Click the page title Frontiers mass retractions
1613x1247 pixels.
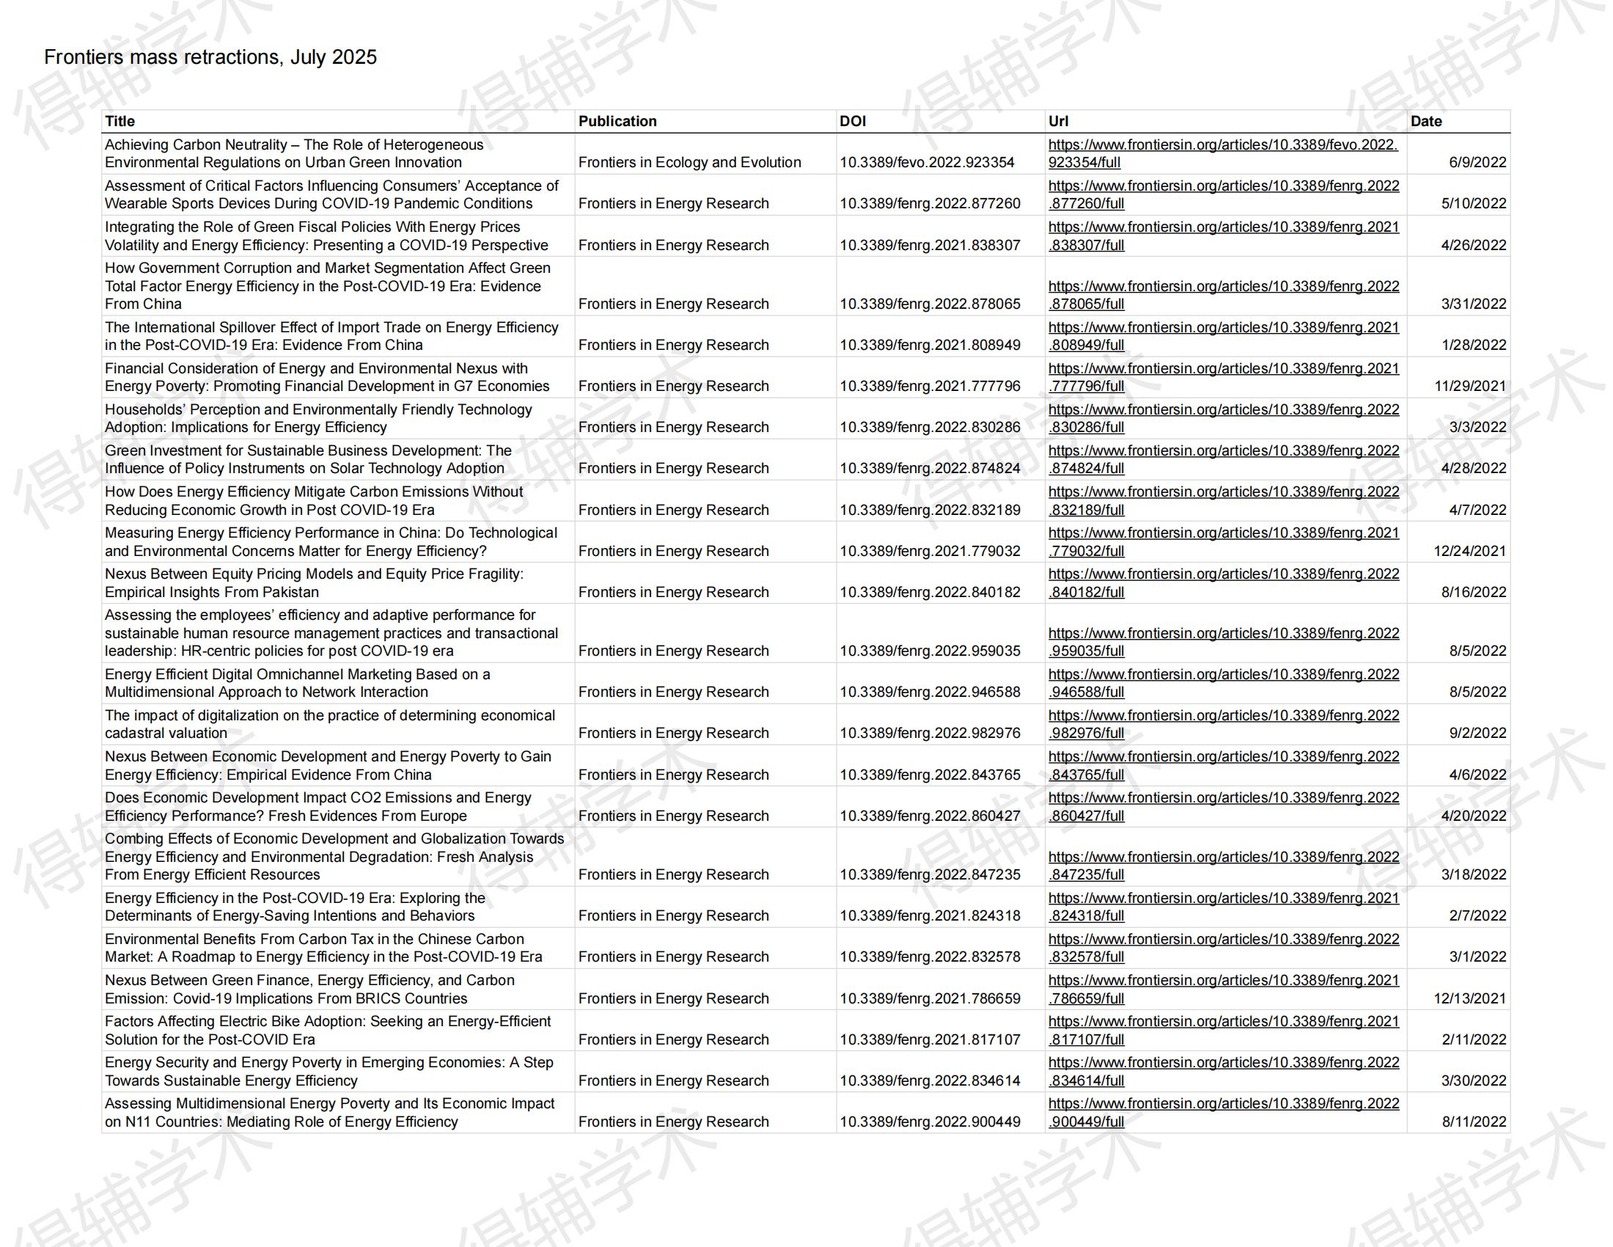pos(210,57)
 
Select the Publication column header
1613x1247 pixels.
pos(617,121)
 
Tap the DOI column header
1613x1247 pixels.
pos(852,121)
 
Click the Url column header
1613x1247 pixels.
pos(1057,121)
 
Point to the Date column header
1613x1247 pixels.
pos(1425,121)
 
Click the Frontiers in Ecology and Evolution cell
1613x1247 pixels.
pos(689,163)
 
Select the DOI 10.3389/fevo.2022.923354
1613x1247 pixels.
pos(927,163)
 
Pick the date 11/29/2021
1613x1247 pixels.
pos(1470,387)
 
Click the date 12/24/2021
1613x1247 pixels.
pos(1470,551)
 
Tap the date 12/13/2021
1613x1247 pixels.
pos(1470,999)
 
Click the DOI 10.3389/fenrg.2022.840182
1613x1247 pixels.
pos(930,593)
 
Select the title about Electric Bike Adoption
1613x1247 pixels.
pos(327,1031)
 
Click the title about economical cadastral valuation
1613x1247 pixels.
pos(329,725)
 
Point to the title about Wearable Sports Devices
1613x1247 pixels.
pos(331,195)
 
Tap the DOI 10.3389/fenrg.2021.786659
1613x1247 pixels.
pos(930,999)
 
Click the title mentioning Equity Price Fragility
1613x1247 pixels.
pos(314,583)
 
